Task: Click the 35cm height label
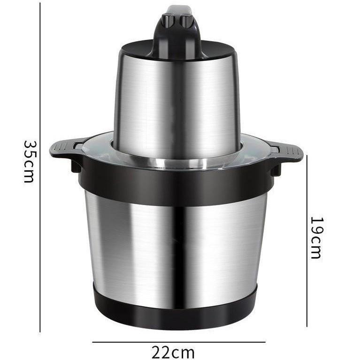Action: [x=30, y=161]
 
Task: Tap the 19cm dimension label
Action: [x=317, y=237]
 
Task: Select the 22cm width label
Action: [x=173, y=352]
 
